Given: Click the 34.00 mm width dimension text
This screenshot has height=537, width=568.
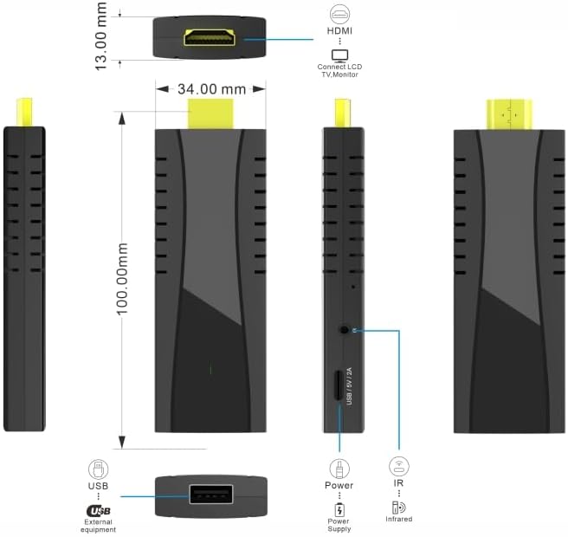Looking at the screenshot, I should pos(211,88).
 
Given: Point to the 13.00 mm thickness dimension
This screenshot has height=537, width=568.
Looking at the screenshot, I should pos(102,36).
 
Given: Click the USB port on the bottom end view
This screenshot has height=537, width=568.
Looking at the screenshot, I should pos(210,496).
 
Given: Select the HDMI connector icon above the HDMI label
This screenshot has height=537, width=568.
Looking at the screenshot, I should pos(339,13).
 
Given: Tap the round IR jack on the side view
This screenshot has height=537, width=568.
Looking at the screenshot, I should pos(346,330).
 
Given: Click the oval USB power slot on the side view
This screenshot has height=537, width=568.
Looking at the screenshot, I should pos(339,385).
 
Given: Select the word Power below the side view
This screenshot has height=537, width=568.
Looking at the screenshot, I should pos(339,486).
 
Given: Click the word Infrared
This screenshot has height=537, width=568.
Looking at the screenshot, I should pos(398,520).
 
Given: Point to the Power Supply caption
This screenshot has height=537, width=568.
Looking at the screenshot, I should pos(339,525).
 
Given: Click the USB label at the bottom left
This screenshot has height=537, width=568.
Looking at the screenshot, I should pos(99,488).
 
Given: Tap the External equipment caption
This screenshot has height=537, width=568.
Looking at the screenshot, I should pos(99,526).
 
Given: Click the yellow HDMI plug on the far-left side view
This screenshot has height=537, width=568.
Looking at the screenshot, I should pos(24,113).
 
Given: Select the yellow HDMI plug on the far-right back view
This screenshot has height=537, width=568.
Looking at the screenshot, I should pos(509,113).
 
